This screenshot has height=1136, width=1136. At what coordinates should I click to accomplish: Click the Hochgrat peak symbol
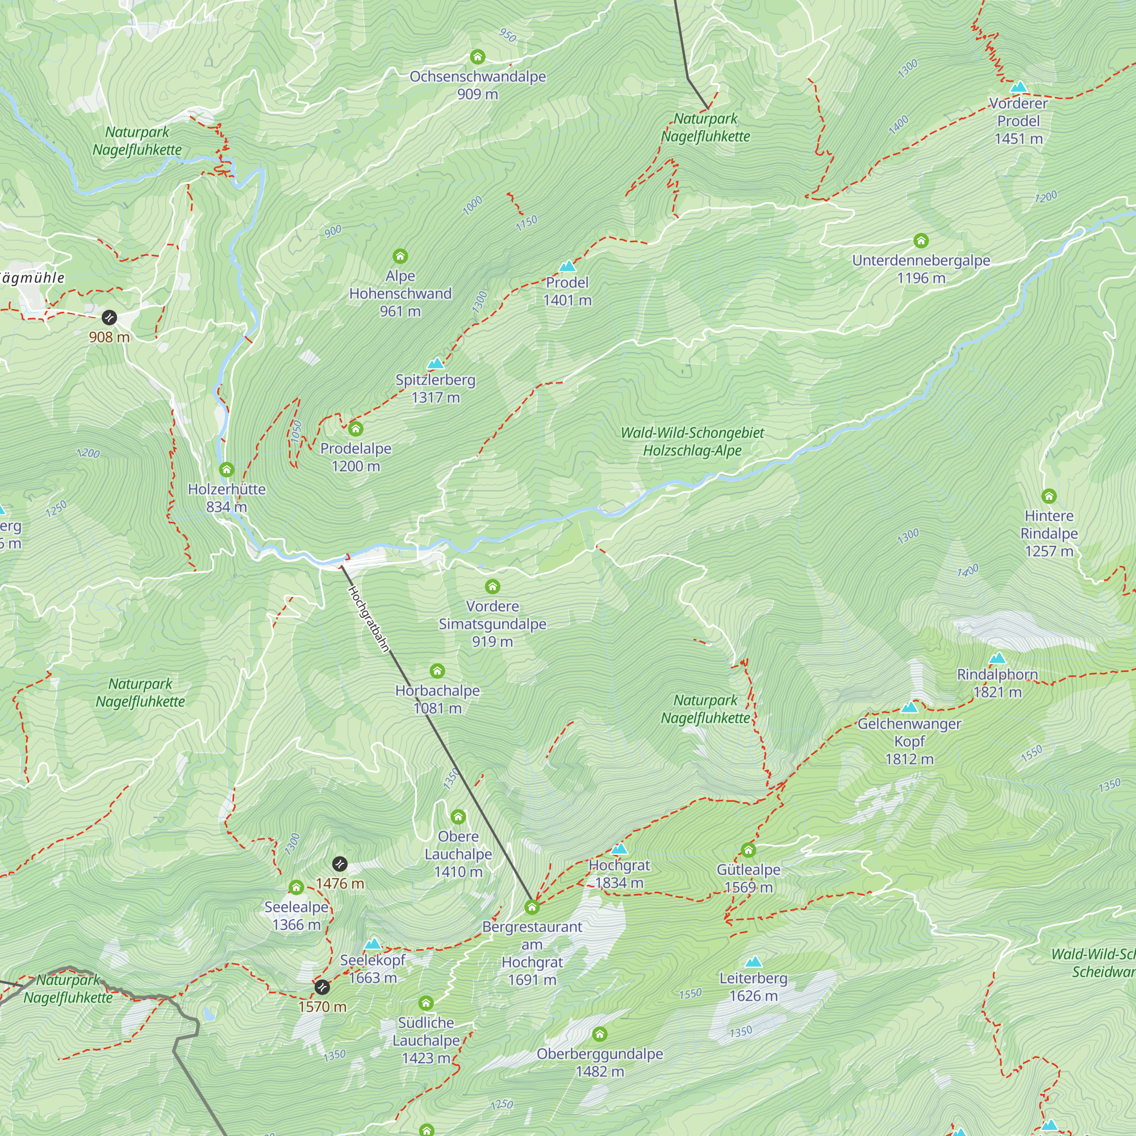[x=619, y=849]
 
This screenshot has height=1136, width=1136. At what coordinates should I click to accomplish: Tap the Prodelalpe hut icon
[x=356, y=428]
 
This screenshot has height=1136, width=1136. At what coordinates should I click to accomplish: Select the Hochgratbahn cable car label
[x=369, y=619]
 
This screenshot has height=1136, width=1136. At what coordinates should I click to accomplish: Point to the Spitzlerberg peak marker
[x=436, y=364]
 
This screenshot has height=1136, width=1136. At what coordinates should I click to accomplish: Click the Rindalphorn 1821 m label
[x=997, y=683]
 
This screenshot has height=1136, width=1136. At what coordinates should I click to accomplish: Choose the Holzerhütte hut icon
[x=227, y=469]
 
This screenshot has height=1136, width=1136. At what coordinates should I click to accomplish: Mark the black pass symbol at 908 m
[x=110, y=318]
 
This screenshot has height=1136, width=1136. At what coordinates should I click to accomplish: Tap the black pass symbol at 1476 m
[x=340, y=864]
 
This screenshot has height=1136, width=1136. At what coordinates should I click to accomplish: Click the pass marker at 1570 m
[x=321, y=987]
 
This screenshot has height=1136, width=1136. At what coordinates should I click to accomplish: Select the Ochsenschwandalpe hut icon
[x=478, y=57]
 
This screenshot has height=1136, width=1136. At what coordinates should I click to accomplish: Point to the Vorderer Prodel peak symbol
[x=1018, y=87]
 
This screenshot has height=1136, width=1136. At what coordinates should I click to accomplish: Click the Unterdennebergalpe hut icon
[x=921, y=240]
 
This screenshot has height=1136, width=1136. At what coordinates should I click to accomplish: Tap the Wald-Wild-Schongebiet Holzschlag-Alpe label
[x=692, y=441]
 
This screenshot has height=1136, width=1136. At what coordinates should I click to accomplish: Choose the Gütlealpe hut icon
[x=748, y=850]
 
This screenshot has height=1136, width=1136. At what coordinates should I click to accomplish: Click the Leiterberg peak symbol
[x=753, y=962]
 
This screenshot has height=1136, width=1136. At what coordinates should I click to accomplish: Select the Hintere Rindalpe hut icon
[x=1049, y=496]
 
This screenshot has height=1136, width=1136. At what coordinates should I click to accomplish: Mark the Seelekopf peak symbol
[x=373, y=943]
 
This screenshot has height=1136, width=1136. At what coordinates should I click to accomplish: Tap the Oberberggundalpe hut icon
[x=600, y=1034]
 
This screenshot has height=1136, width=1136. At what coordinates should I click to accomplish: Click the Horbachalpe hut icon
[x=437, y=671]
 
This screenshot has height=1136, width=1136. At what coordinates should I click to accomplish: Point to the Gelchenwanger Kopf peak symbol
[x=909, y=707]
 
